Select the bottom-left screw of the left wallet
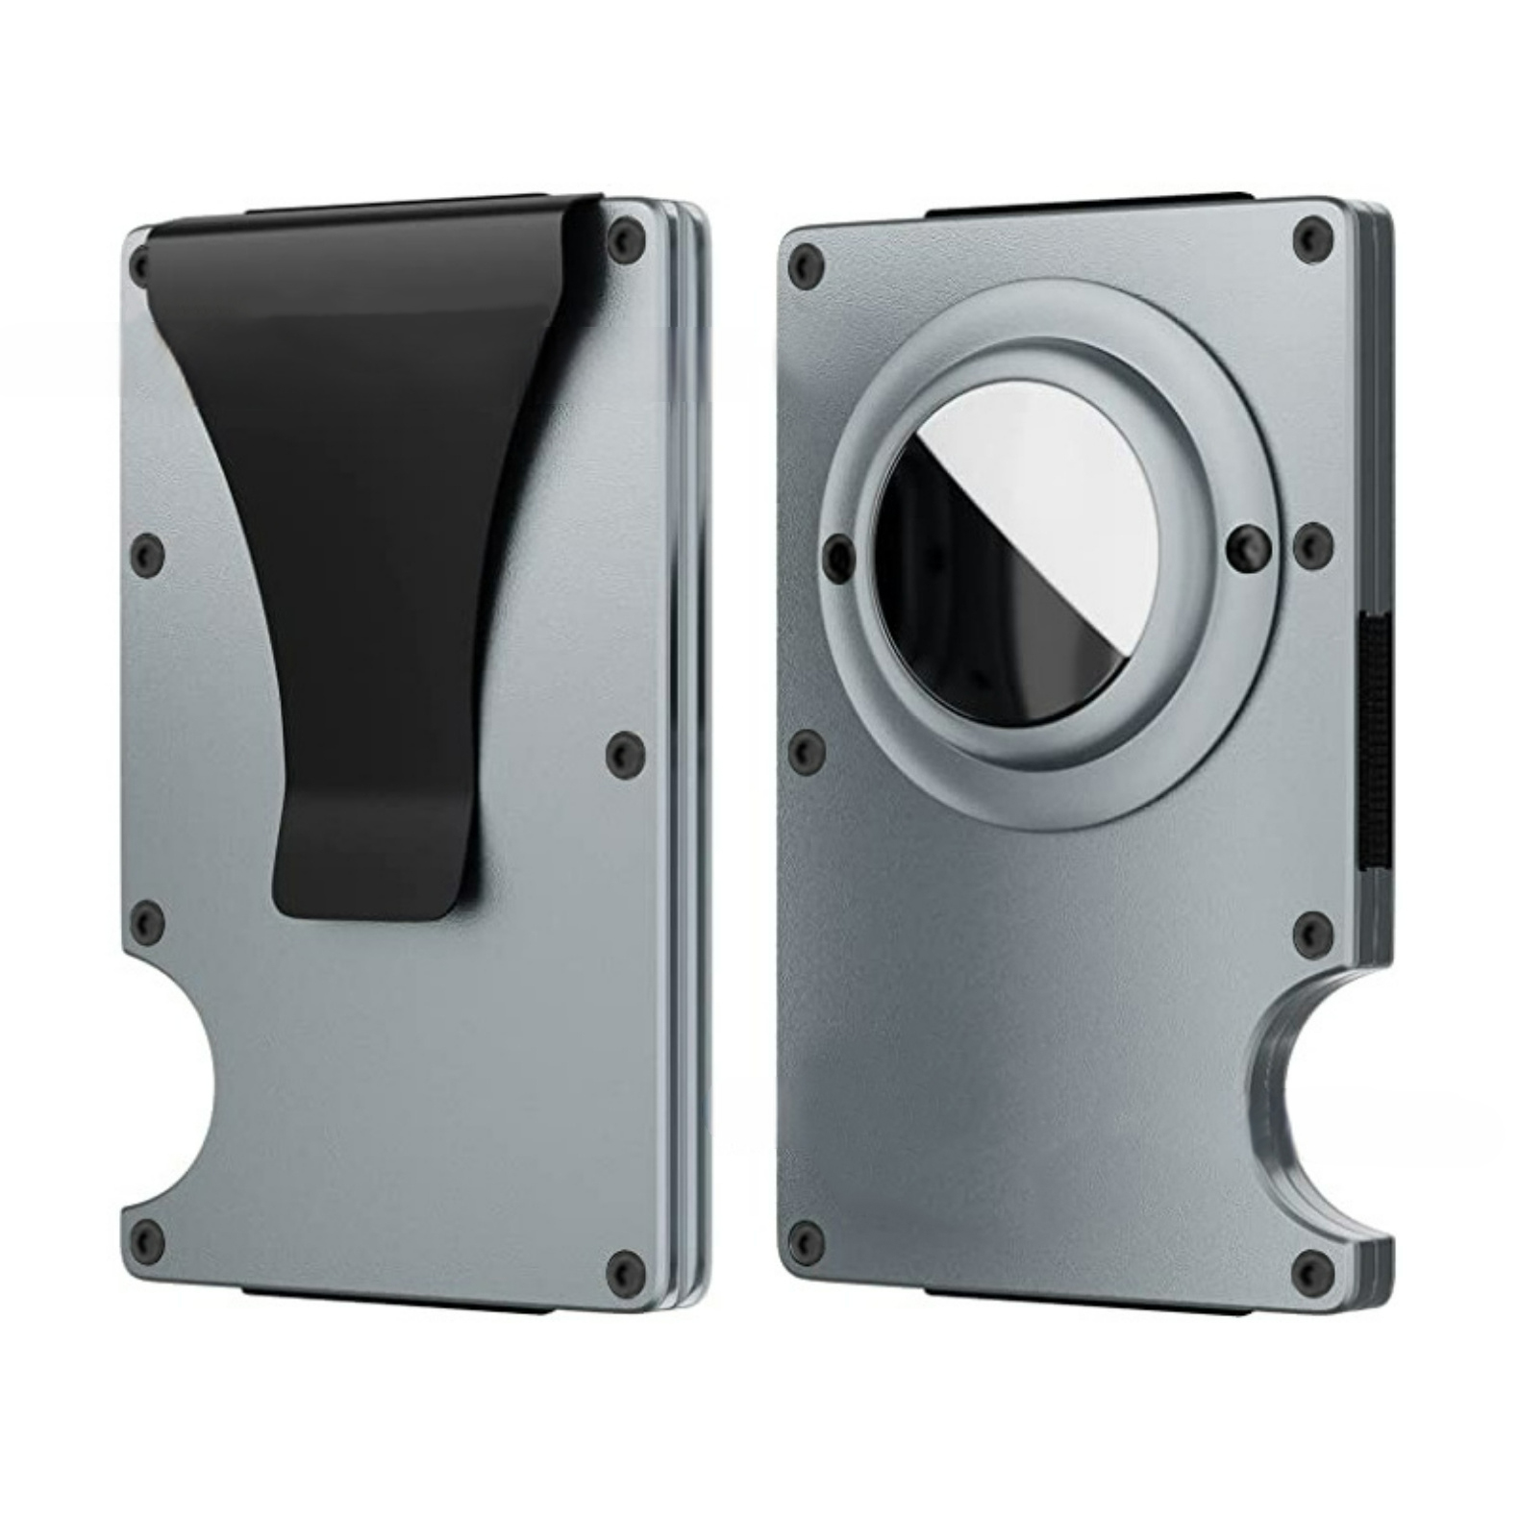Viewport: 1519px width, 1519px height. point(147,1236)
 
